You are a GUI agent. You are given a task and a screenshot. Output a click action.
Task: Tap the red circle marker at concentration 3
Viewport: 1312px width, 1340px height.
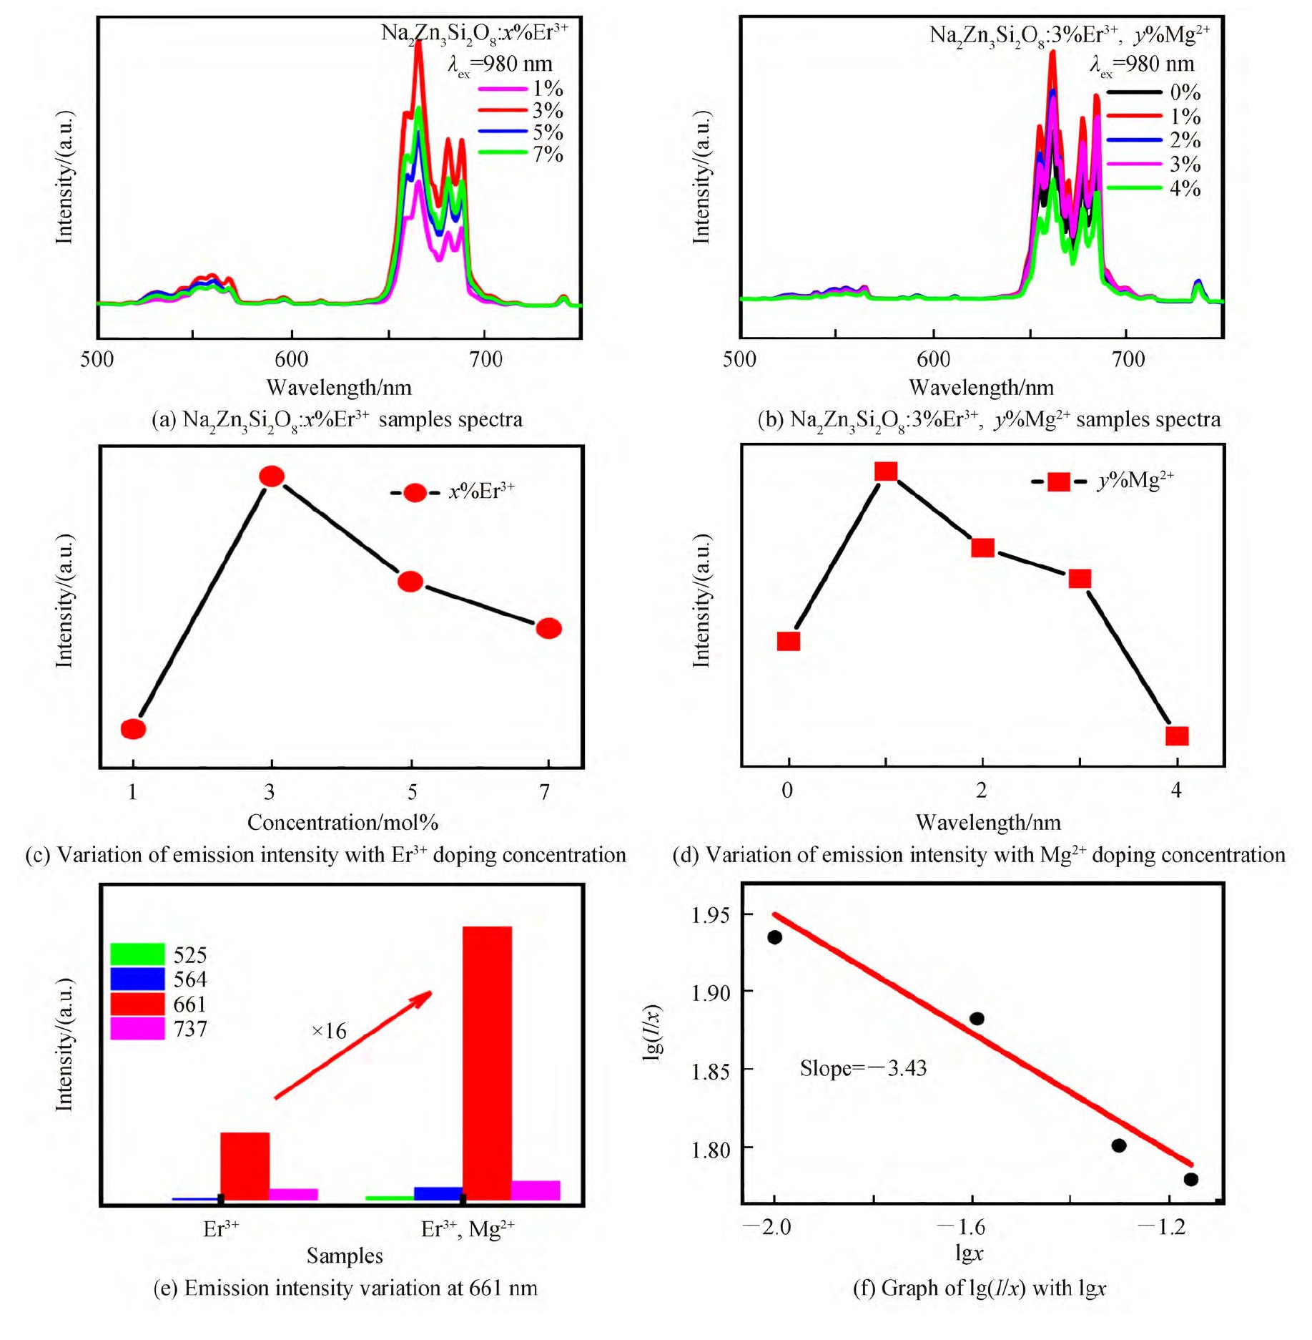point(272,476)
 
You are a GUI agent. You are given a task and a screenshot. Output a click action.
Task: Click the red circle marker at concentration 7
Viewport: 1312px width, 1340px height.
point(548,628)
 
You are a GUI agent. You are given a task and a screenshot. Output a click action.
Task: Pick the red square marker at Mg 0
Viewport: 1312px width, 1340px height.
point(788,640)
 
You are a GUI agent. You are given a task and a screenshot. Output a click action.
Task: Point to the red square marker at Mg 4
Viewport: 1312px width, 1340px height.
point(1177,735)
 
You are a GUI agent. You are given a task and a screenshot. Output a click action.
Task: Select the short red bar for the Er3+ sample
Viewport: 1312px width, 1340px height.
point(245,1166)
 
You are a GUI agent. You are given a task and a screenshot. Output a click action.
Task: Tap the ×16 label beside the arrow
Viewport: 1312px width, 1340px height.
point(329,1031)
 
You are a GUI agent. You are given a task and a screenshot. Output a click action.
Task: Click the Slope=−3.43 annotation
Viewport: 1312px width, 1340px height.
point(863,1068)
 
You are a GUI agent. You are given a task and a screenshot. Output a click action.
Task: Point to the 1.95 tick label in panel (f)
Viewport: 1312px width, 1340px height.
point(711,915)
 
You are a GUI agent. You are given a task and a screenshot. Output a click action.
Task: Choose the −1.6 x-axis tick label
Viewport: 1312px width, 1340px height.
point(960,1227)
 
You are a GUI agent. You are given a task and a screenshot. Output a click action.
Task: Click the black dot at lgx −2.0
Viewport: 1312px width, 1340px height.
point(774,937)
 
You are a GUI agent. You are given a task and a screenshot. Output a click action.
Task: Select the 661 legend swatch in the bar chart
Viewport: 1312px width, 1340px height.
point(137,1004)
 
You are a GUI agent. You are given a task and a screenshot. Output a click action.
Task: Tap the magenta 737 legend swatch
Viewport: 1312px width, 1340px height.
point(137,1029)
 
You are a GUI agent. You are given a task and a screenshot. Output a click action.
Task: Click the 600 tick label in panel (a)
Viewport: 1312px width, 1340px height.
point(292,359)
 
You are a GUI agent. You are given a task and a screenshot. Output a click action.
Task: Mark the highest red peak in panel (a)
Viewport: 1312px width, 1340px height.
point(418,44)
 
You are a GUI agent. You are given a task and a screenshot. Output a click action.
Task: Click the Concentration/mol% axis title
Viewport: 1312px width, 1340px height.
point(342,822)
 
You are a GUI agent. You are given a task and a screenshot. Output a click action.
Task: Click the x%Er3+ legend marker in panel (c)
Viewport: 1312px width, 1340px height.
point(415,492)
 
